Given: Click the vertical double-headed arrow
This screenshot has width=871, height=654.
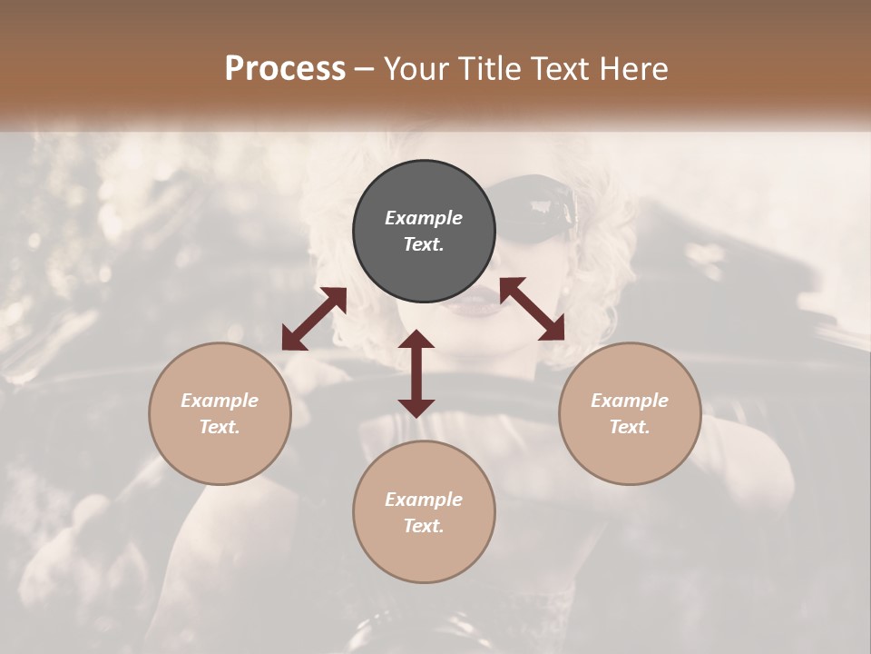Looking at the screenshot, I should tap(416, 373).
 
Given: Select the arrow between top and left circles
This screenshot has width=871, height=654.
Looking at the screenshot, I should tap(314, 319).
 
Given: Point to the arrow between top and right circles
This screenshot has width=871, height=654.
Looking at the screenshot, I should tap(532, 309).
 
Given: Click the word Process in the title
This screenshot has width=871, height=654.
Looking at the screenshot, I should tap(285, 68).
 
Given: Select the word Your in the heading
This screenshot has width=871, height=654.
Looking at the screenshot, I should tap(416, 69).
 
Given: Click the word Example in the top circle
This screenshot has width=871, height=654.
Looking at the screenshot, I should tap(424, 218).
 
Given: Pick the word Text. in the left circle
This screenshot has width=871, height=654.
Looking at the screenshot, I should tap(220, 427).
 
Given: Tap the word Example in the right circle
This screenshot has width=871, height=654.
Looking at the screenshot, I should tap(630, 401).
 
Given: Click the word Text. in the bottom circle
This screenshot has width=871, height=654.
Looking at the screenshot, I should tap(424, 526).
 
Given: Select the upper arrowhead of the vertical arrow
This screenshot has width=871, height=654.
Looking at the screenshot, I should tap(416, 341).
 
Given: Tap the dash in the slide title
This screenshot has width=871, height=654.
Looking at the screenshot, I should tap(365, 69).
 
